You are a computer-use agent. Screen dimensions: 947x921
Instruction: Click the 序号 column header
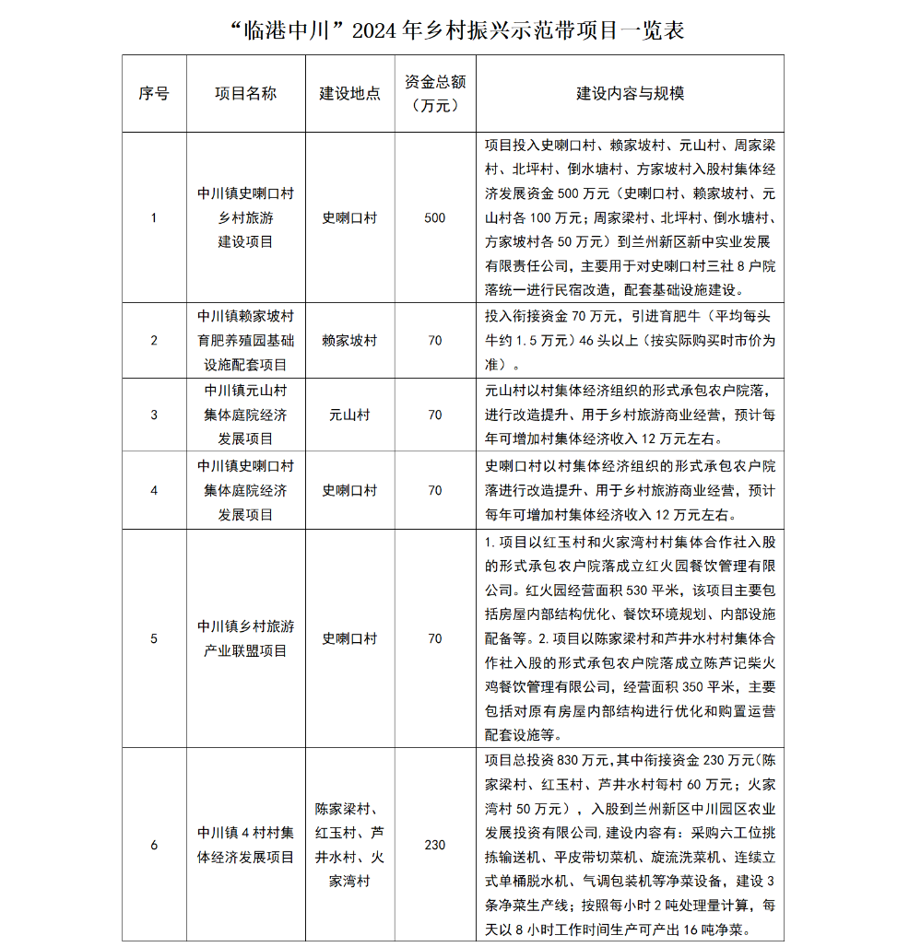click(154, 94)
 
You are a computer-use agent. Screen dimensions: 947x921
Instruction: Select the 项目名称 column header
click(245, 94)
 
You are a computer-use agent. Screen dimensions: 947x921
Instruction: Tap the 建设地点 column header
click(349, 94)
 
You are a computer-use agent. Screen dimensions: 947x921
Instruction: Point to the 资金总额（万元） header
click(434, 94)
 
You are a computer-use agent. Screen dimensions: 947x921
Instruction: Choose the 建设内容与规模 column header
click(630, 94)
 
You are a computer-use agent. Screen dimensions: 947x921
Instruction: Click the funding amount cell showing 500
click(434, 218)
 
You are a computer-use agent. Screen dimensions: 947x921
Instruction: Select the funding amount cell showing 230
click(434, 845)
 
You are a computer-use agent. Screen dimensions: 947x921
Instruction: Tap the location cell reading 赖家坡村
click(349, 341)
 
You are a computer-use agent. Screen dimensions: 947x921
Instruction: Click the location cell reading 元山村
click(349, 415)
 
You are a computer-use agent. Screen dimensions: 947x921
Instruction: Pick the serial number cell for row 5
click(154, 638)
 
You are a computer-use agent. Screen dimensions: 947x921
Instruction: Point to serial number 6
click(154, 845)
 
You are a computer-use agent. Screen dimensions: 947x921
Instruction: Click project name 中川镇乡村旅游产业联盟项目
click(245, 638)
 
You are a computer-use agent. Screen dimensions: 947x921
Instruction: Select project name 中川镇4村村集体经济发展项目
click(245, 845)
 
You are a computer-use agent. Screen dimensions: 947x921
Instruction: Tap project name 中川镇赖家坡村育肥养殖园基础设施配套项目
click(245, 341)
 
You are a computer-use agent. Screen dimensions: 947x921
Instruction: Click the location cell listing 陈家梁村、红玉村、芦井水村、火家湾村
click(349, 845)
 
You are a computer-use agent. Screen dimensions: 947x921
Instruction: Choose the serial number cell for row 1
click(154, 218)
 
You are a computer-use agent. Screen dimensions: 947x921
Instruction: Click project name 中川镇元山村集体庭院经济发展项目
click(245, 415)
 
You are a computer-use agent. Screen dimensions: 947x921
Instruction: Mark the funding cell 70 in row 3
click(434, 415)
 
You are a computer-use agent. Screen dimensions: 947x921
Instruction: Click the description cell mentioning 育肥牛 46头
click(630, 340)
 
